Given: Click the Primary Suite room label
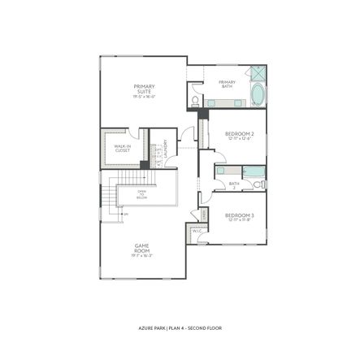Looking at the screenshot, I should [x=145, y=88].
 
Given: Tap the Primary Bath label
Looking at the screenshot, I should [x=227, y=82].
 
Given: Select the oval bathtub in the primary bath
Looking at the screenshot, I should [x=258, y=95].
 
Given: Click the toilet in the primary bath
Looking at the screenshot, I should [x=194, y=101].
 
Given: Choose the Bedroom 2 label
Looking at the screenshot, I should [x=240, y=133].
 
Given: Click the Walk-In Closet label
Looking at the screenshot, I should [x=123, y=148].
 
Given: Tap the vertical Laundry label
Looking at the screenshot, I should [x=166, y=152].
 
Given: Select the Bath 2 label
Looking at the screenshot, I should [x=234, y=184].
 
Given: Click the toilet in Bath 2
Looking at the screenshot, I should [x=258, y=184].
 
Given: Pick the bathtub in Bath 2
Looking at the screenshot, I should [x=254, y=171].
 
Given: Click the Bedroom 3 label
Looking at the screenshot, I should [x=240, y=215].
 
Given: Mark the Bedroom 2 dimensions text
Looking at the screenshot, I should [x=240, y=139].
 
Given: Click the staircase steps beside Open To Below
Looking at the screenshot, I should [x=109, y=196].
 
